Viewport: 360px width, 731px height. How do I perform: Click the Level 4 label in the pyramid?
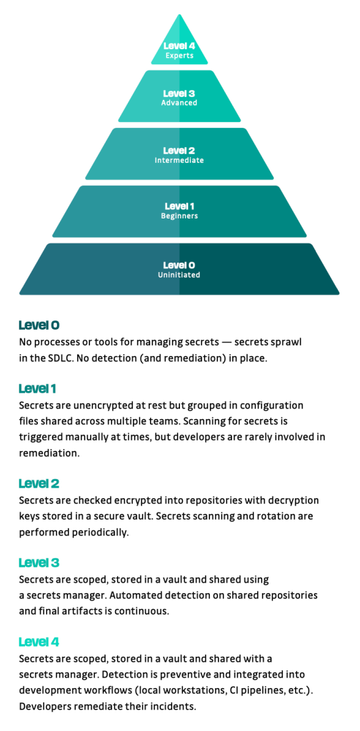pyautogui.click(x=179, y=46)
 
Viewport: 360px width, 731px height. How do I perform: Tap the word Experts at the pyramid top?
pyautogui.click(x=179, y=56)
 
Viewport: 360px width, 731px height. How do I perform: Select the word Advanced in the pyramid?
pyautogui.click(x=179, y=103)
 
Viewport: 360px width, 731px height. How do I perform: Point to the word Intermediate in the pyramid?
pyautogui.click(x=179, y=160)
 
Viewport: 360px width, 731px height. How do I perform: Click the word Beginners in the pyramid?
pyautogui.click(x=179, y=216)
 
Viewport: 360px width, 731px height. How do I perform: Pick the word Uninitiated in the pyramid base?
pyautogui.click(x=179, y=275)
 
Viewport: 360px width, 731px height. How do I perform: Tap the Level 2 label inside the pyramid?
pyautogui.click(x=179, y=151)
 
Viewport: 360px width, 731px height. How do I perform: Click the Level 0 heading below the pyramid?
pyautogui.click(x=39, y=325)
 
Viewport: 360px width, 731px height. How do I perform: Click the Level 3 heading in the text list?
pyautogui.click(x=39, y=563)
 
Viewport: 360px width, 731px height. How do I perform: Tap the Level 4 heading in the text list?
pyautogui.click(x=39, y=642)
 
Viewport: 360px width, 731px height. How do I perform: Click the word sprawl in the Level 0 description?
pyautogui.click(x=288, y=343)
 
